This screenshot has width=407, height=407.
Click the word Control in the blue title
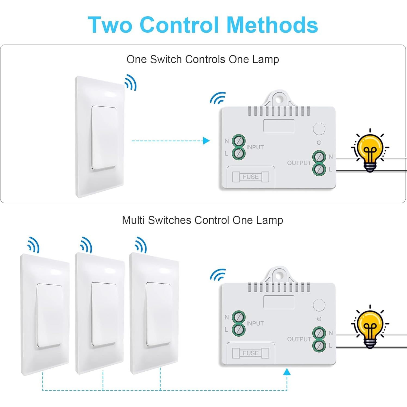(x=179, y=25)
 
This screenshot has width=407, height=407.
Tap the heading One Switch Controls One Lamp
(x=203, y=59)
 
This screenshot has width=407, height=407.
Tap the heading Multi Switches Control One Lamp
(x=203, y=220)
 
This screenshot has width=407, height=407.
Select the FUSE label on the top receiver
(x=251, y=177)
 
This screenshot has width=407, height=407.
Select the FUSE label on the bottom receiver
(x=251, y=353)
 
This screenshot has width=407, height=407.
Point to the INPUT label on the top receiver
(x=255, y=147)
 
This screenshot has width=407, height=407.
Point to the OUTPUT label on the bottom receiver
(x=299, y=339)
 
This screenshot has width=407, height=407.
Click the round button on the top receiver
(x=319, y=129)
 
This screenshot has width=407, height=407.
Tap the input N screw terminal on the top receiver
(x=239, y=141)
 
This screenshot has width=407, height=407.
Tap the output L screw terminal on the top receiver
(x=319, y=169)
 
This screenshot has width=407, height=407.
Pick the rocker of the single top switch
(x=104, y=138)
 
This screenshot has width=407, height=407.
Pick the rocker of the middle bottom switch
(x=104, y=314)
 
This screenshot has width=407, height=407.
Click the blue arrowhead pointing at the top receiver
(x=206, y=141)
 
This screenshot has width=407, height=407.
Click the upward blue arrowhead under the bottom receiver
(x=287, y=372)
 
